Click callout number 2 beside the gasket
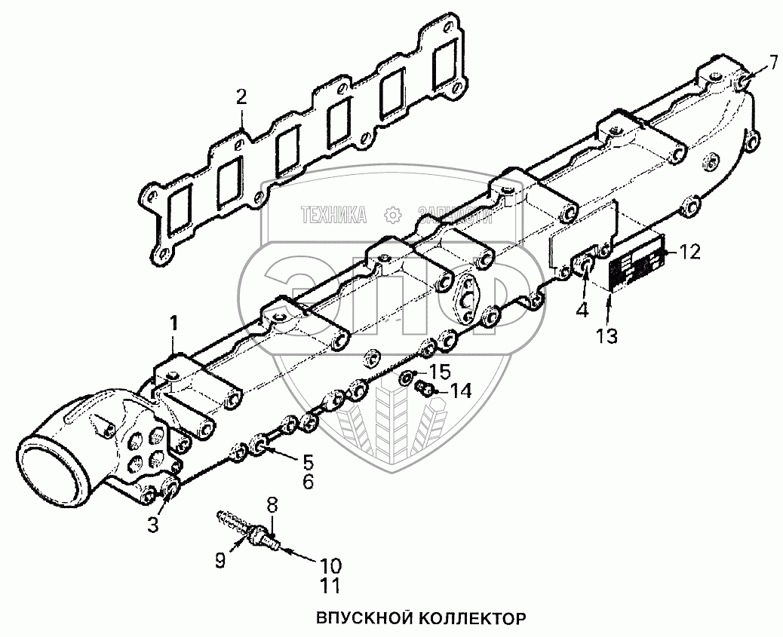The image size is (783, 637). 241,96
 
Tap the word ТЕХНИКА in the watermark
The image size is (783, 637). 333,216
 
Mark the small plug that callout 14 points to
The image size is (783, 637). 425,389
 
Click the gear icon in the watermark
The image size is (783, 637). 391,216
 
